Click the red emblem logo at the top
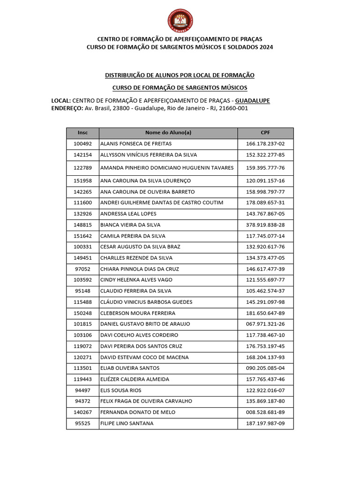pos(180,21)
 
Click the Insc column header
pos(82,133)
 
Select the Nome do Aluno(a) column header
pos(168,133)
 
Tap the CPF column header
pos(265,133)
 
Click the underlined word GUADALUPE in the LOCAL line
pos(252,101)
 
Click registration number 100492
pos(82,144)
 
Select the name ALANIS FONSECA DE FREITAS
pos(136,144)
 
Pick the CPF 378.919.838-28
pos(265,225)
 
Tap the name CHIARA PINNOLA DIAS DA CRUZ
pos(139,269)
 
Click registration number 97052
pos(82,269)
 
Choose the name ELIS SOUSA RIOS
pos(120,390)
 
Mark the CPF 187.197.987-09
pos(265,424)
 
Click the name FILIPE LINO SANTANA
pos(127,424)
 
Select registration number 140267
pos(82,412)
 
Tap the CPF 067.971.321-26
pos(265,324)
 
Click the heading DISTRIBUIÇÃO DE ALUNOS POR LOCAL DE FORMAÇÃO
pos(180,75)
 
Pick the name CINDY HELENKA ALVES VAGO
pos(136,280)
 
